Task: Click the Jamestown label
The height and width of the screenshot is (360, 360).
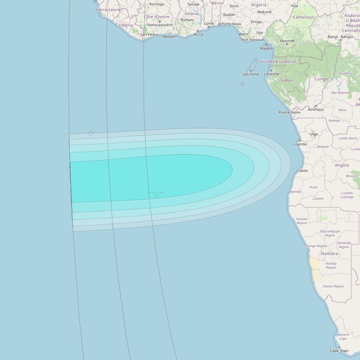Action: pos(156,192)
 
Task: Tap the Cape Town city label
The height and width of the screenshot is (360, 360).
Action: pos(339,351)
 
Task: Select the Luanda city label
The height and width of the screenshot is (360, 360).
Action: pos(300,144)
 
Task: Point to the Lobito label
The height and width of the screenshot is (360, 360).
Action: pos(302,171)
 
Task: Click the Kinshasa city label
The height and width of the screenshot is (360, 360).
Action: pos(316,109)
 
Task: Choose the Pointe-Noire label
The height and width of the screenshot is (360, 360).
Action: pos(289,112)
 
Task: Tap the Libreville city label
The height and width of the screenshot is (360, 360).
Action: pos(271,74)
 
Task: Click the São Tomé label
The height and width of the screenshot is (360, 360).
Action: pos(251,74)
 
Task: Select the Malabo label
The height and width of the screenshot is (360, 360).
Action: pos(266,48)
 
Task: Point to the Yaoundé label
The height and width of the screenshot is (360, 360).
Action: pos(287,41)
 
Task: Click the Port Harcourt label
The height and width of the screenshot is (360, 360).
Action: pos(253,40)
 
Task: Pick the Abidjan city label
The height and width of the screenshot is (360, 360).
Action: pos(169,37)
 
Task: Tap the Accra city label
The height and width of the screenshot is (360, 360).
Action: pos(198,34)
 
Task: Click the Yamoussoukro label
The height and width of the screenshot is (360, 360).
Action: pos(160,25)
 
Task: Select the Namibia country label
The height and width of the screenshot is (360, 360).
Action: pos(329,254)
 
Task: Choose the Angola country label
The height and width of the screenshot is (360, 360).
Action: pos(342,165)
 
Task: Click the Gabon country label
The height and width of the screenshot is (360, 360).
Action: pos(287,80)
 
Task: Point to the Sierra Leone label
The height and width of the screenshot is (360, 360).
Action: pos(108,10)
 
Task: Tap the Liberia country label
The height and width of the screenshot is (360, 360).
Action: pos(126,25)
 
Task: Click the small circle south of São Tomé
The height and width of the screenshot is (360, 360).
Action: pos(242,84)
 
